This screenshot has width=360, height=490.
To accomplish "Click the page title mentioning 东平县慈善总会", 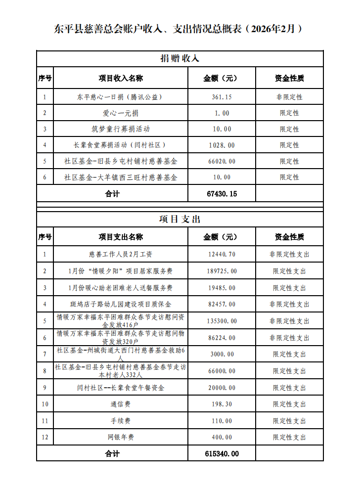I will (x=178, y=29).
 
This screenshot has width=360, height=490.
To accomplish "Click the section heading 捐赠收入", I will (x=180, y=58).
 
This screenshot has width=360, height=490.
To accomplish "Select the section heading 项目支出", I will (x=180, y=219).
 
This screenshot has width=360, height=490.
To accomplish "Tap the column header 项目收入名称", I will (x=121, y=78).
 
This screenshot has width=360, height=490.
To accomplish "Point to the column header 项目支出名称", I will (x=121, y=237).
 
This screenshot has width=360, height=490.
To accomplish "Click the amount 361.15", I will (x=222, y=97).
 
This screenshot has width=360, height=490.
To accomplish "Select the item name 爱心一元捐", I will (x=121, y=113).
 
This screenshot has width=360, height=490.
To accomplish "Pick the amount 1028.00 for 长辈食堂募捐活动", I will (x=222, y=145).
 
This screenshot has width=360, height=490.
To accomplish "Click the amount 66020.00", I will (x=222, y=161).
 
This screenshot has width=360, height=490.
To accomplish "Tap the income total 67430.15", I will (x=222, y=194).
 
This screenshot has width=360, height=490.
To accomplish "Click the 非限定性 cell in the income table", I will (x=289, y=97).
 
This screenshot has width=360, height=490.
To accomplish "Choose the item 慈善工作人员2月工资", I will (x=121, y=255).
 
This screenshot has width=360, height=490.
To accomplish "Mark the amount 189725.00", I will (x=222, y=271).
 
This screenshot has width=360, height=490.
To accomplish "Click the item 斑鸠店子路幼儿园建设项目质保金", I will (x=121, y=304).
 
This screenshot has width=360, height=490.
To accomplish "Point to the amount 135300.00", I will (x=222, y=321).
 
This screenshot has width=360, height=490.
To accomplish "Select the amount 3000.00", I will (x=222, y=354).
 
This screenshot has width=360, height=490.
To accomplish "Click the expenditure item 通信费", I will (x=121, y=404).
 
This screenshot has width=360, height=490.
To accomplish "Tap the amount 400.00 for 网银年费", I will (x=222, y=438).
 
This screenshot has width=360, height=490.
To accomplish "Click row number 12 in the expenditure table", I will (x=45, y=438).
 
